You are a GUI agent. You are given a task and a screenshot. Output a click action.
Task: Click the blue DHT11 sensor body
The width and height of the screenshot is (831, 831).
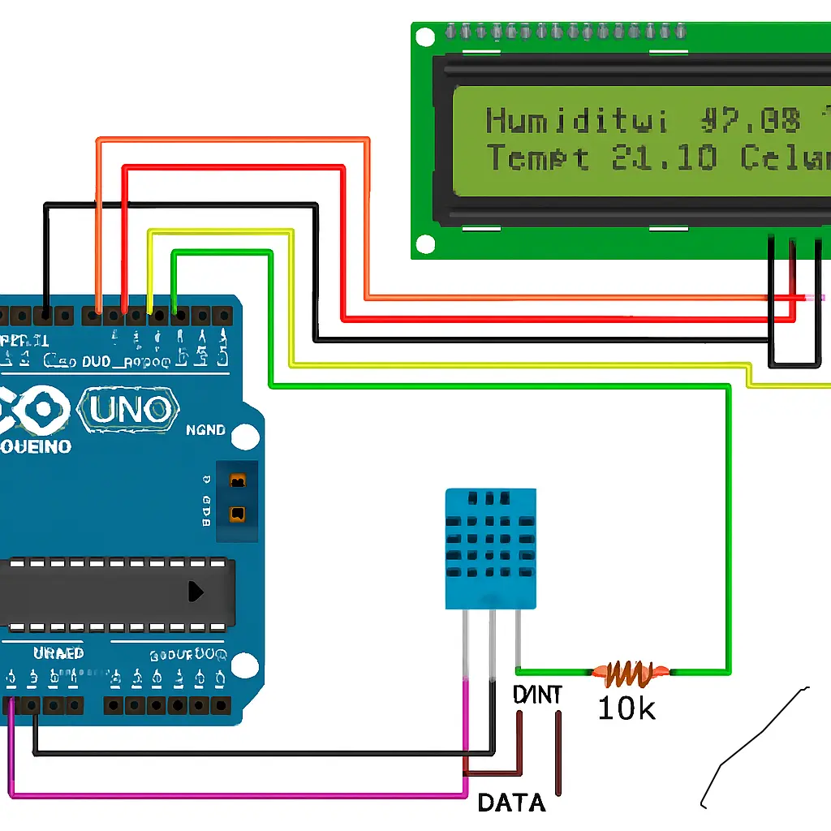[490, 548]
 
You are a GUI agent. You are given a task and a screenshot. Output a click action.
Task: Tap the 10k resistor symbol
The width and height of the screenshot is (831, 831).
[631, 671]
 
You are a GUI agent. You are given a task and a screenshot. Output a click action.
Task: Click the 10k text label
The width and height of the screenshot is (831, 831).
[626, 708]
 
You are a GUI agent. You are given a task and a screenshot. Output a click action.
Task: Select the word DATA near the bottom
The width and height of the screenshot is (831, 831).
[511, 803]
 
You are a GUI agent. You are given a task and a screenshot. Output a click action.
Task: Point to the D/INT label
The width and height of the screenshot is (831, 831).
[537, 695]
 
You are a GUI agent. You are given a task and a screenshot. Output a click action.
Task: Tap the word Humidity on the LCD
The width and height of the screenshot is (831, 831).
[576, 122]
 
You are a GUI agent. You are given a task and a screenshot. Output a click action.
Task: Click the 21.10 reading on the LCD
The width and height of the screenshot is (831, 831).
[664, 158]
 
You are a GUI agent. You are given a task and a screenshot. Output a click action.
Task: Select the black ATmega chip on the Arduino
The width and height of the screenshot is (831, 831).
[114, 592]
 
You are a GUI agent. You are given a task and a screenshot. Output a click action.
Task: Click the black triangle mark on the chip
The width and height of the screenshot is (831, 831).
[196, 592]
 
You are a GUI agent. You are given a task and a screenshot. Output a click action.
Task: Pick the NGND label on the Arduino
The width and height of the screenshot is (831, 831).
[205, 430]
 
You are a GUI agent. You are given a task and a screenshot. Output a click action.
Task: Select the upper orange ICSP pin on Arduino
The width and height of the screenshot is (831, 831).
[238, 482]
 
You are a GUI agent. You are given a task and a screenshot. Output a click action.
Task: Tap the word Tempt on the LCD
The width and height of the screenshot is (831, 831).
[537, 158]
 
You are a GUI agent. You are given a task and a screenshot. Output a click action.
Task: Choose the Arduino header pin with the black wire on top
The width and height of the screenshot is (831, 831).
[46, 313]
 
